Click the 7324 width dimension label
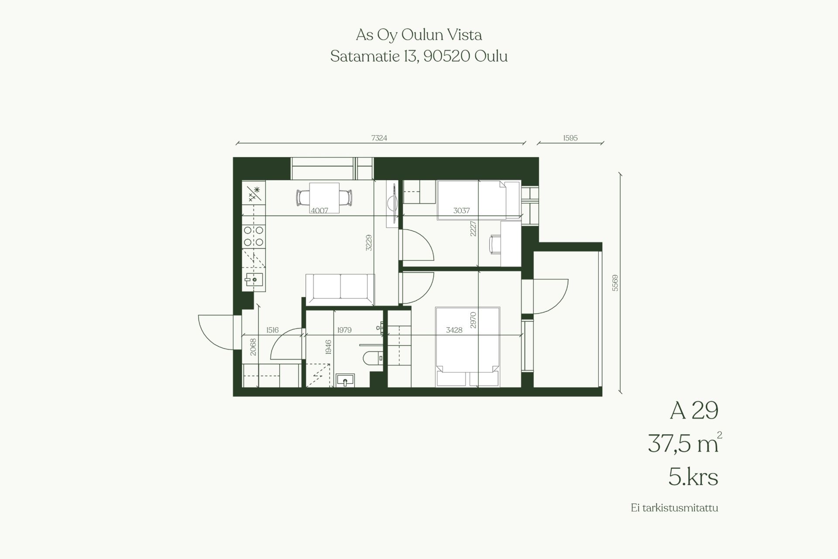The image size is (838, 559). (379, 138)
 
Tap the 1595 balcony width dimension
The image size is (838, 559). (570, 138)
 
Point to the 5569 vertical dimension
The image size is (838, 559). (615, 283)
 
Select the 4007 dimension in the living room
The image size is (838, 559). (319, 210)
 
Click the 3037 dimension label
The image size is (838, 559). (461, 210)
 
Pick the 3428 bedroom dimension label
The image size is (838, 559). (454, 330)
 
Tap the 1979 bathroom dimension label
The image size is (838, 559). (344, 330)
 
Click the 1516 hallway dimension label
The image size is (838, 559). (272, 330)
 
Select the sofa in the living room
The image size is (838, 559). (340, 289)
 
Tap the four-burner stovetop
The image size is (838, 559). (254, 236)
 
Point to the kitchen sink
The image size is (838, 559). (253, 279)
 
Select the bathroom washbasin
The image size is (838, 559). (345, 381)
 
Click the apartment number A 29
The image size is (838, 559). (694, 411)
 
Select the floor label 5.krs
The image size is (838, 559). (693, 477)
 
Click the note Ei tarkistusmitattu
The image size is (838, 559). (674, 508)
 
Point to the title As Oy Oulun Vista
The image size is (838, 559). (419, 35)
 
